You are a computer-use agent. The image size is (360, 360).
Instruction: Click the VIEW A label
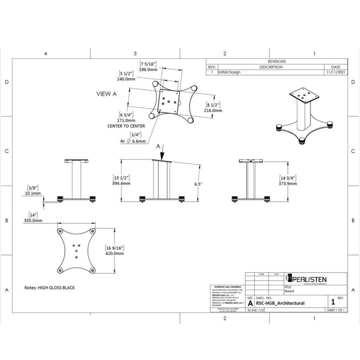(107, 94)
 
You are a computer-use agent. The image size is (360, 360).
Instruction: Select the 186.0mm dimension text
(148, 69)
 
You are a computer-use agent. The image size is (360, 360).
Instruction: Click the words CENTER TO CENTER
(126, 126)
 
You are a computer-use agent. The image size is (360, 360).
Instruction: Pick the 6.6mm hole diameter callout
(138, 141)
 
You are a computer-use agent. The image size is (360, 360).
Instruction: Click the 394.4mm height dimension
(122, 183)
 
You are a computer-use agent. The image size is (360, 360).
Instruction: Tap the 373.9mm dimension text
(288, 183)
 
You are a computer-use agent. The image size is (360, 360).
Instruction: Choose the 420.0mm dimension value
(115, 253)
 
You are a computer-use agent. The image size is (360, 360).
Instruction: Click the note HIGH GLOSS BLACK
(50, 288)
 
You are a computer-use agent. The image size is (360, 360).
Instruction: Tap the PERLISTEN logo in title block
(306, 279)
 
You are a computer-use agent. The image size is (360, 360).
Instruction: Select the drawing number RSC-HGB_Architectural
(280, 303)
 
